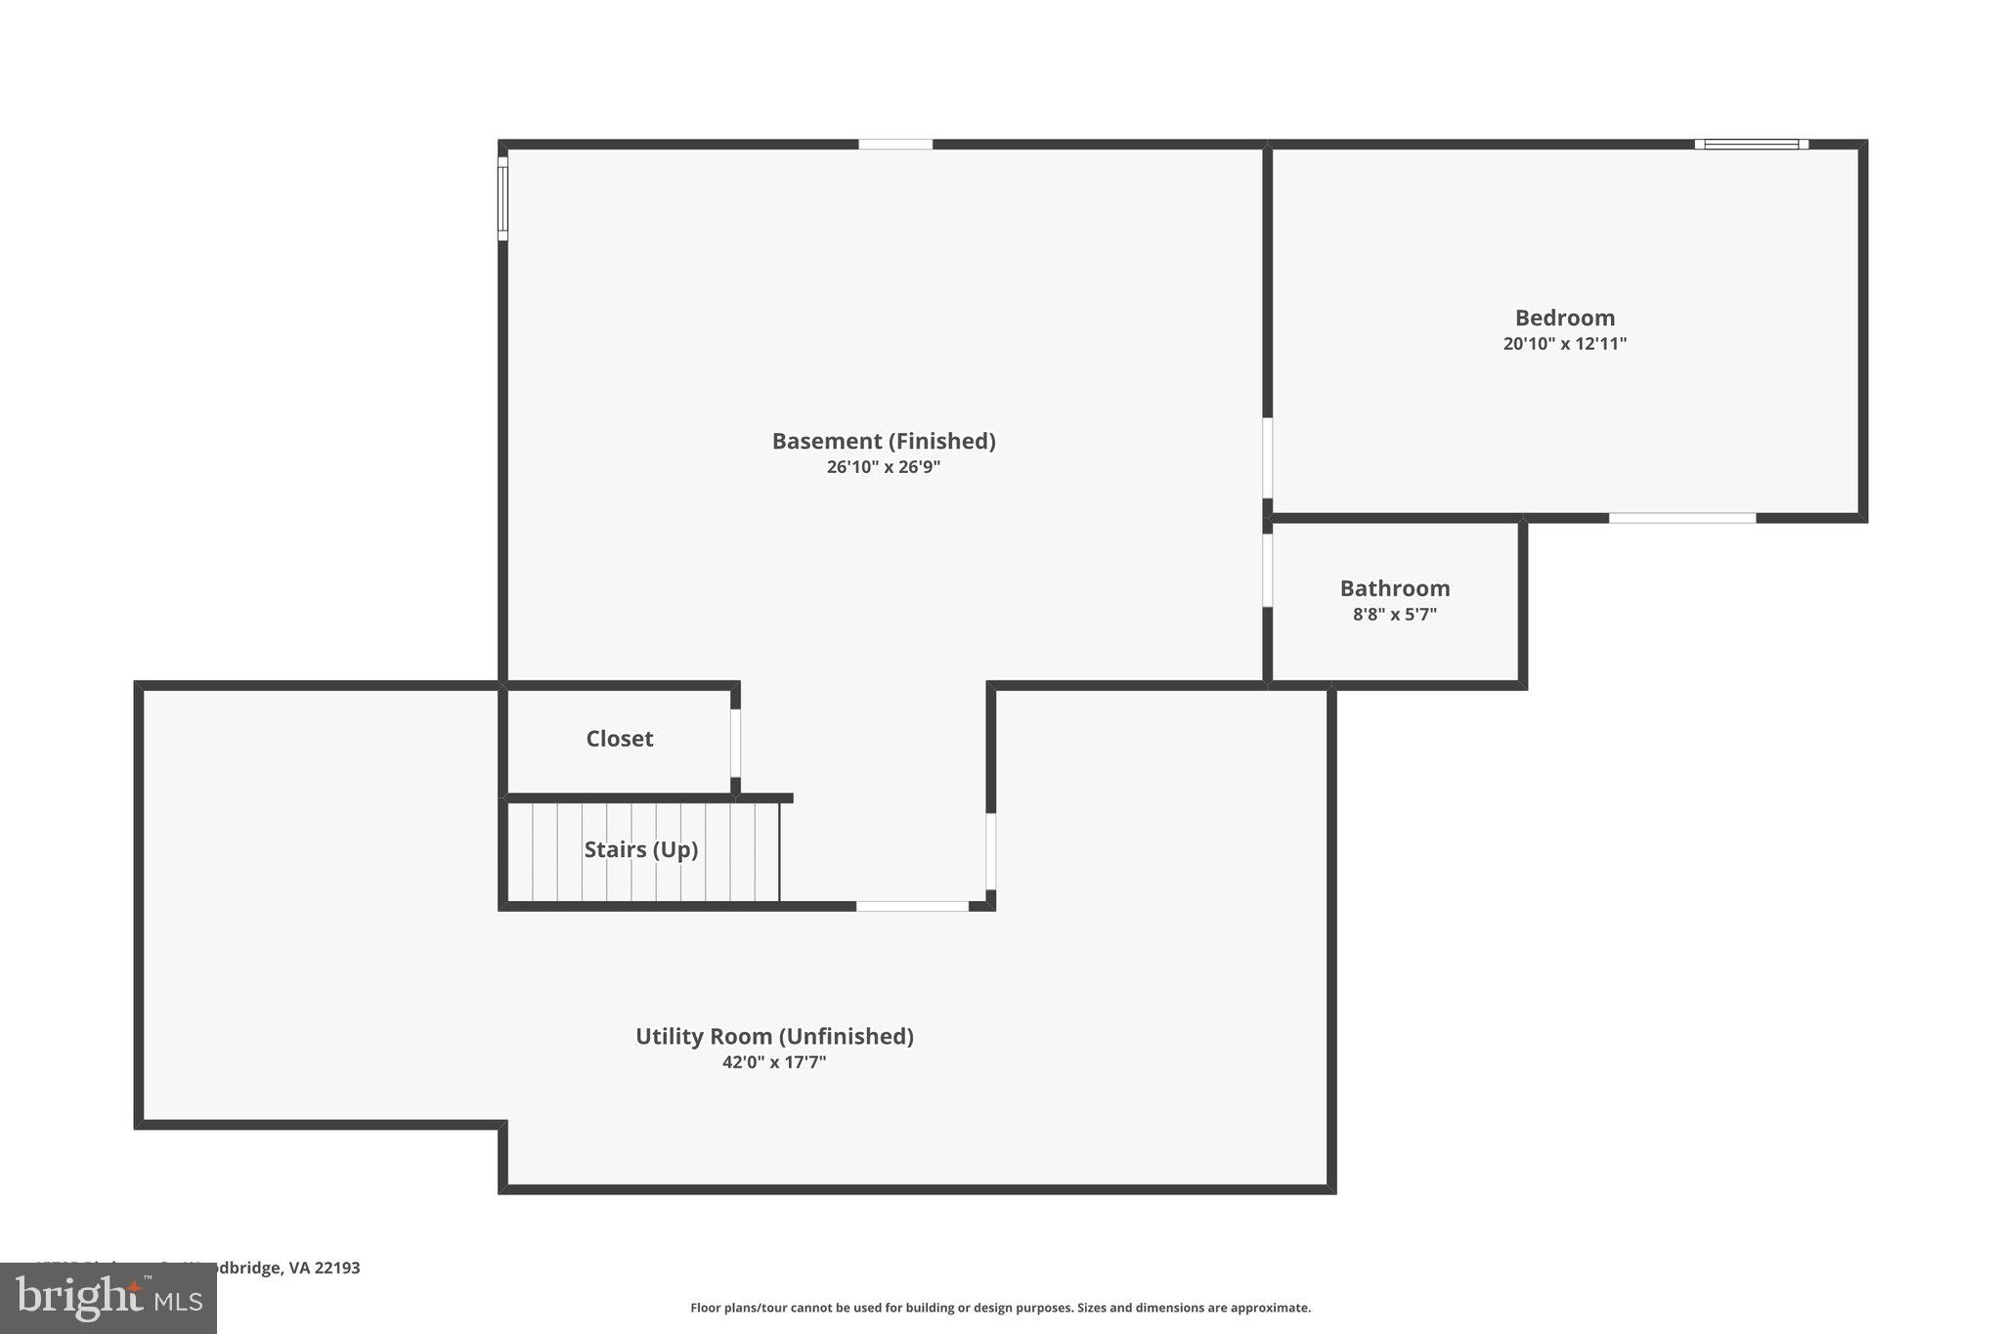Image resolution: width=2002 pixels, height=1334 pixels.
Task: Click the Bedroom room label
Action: point(1564,318)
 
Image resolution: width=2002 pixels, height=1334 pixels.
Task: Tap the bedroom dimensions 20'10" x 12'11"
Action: point(1564,344)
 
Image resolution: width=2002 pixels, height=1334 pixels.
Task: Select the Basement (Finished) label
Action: point(884,441)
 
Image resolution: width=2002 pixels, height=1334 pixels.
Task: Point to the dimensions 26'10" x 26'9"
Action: point(884,467)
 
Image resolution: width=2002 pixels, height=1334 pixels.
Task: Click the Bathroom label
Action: point(1394,588)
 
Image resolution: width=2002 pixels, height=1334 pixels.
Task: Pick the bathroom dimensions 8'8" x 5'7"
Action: point(1394,615)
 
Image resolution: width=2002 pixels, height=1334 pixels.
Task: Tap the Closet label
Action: point(620,739)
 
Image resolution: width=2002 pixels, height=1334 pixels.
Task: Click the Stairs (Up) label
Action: point(641,849)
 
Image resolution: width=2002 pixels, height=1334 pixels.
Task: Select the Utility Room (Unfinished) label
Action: point(774,1036)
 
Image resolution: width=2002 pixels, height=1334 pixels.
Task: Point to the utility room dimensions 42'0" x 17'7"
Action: point(774,1062)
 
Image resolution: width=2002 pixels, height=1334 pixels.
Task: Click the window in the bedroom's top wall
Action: point(1751,145)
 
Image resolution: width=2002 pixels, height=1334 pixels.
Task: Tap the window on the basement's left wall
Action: point(503,198)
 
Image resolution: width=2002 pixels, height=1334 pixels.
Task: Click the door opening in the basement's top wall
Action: point(895,145)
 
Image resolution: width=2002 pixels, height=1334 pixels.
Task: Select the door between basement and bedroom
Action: point(1267,458)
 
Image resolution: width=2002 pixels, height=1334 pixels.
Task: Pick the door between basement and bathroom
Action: point(1267,570)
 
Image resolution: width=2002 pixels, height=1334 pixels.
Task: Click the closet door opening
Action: point(735,743)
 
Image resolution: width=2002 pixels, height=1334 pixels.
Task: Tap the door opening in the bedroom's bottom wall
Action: point(1681,518)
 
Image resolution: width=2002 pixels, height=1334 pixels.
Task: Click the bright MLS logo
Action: point(109,1298)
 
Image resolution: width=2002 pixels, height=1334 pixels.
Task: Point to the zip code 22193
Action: point(337,1268)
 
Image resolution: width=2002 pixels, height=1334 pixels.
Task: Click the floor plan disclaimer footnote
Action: point(1000,1308)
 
